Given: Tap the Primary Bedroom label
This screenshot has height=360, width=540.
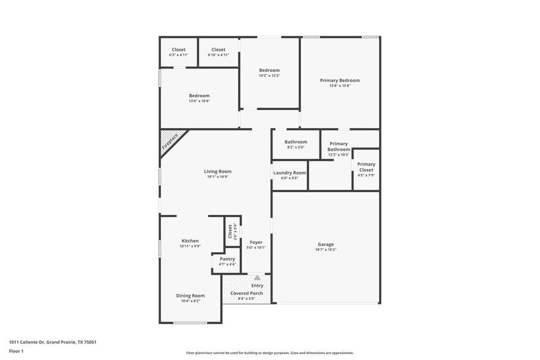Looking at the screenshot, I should coord(340,80).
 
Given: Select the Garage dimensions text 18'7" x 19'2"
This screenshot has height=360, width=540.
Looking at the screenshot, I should coord(326,250).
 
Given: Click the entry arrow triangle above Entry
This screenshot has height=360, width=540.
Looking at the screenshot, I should coord(257,278).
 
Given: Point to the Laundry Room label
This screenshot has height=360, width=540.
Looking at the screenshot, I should coord(289,173).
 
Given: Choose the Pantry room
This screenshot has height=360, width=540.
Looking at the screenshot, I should coord(227,261).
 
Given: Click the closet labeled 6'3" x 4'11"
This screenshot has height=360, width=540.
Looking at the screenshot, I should coord(178,52).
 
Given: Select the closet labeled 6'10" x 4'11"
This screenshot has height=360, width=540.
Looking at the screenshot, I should coord(218,52).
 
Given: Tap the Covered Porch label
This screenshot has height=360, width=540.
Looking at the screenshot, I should coord(247,293).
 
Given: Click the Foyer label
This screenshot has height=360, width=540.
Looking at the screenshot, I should coord(256,242).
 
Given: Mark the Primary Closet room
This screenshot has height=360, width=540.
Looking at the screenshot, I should coord(366,168).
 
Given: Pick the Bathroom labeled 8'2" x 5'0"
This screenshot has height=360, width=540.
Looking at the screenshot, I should coord(295,144).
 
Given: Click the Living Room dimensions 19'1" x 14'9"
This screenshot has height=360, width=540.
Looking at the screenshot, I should coord(217,177).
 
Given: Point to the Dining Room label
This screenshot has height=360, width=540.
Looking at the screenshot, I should coord(190,295).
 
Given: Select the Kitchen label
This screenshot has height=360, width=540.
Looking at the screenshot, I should coord(190,241).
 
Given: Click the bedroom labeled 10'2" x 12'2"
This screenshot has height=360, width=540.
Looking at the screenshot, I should coord(269,72).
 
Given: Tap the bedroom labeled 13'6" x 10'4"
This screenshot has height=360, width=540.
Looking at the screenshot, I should coord(199,98).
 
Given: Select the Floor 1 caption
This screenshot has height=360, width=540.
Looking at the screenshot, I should coord(16,351).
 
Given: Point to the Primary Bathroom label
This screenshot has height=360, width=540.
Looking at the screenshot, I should coord(339,146).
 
